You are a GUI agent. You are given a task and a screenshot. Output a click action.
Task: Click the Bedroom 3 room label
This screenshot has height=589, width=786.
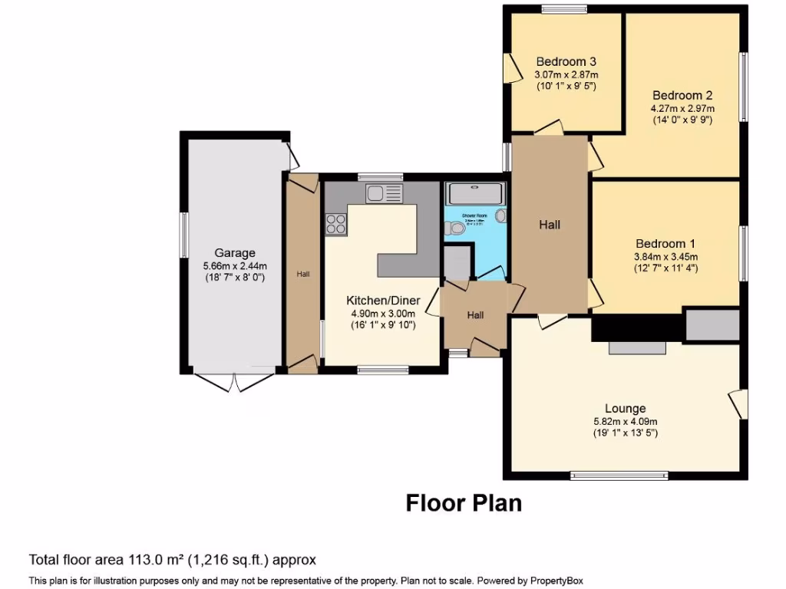click(x=566, y=61)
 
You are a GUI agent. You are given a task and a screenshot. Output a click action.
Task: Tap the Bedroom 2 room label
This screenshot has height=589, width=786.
click(x=682, y=95)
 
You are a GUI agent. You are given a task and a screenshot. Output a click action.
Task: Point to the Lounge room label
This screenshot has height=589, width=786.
click(x=625, y=409)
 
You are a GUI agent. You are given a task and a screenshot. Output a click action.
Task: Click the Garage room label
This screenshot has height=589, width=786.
click(x=234, y=252)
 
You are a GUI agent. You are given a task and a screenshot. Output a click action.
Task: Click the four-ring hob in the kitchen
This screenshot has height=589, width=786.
click(x=336, y=223)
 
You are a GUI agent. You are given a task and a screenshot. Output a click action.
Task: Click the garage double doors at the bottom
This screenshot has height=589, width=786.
click(x=234, y=382)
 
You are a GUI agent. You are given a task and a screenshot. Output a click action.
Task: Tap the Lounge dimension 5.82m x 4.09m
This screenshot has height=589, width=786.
click(x=625, y=421)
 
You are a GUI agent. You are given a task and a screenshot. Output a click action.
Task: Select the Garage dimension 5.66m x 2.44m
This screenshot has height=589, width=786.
click(x=234, y=265)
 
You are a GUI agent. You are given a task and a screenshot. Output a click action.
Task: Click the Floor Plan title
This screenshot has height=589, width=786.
click(x=464, y=503)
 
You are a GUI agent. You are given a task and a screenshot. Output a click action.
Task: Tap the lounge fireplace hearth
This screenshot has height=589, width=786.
click(x=637, y=348)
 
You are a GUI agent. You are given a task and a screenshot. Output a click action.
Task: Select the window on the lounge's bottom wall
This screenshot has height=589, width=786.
click(x=619, y=475)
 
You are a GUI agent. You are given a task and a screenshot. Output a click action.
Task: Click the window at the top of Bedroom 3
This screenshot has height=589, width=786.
click(x=564, y=9)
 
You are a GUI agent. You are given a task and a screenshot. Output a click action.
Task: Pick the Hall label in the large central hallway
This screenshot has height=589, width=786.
click(x=550, y=225)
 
